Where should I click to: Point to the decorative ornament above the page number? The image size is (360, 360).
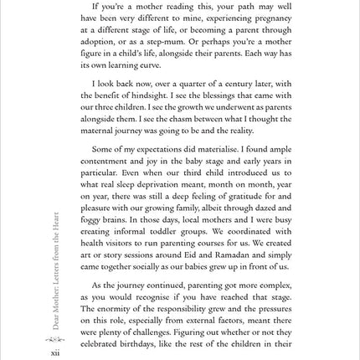55,339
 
